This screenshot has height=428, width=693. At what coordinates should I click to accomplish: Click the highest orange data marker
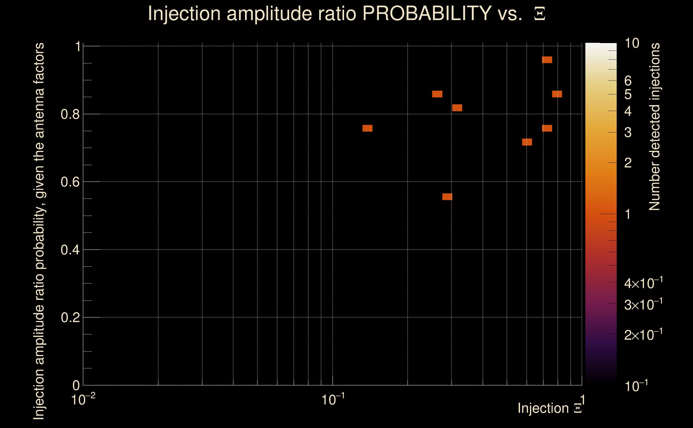pyautogui.click(x=547, y=60)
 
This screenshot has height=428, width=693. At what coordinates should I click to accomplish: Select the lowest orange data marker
pyautogui.click(x=447, y=197)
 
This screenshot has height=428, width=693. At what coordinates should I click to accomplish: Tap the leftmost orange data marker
pyautogui.click(x=367, y=128)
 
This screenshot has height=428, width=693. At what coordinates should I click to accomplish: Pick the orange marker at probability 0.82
pyautogui.click(x=457, y=108)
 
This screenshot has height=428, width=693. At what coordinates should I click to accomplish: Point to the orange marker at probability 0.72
pyautogui.click(x=527, y=142)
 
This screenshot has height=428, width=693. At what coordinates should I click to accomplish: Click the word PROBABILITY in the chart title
pyautogui.click(x=427, y=13)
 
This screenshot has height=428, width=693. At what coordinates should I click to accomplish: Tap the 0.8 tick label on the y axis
pyautogui.click(x=70, y=114)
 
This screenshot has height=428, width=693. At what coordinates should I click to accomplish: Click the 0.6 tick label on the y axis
pyautogui.click(x=70, y=182)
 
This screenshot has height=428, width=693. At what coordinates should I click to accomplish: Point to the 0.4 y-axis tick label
pyautogui.click(x=70, y=250)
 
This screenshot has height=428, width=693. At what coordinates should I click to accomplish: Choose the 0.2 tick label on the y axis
pyautogui.click(x=70, y=318)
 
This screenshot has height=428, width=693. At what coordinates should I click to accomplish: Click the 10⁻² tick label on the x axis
pyautogui.click(x=83, y=400)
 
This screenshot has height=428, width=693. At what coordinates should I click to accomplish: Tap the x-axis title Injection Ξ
pyautogui.click(x=550, y=408)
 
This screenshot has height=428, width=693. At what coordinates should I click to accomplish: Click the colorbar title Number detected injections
pyautogui.click(x=654, y=127)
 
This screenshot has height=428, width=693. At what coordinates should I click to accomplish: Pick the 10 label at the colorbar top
pyautogui.click(x=632, y=43)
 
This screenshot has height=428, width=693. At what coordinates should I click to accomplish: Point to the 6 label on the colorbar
pyautogui.click(x=628, y=81)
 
